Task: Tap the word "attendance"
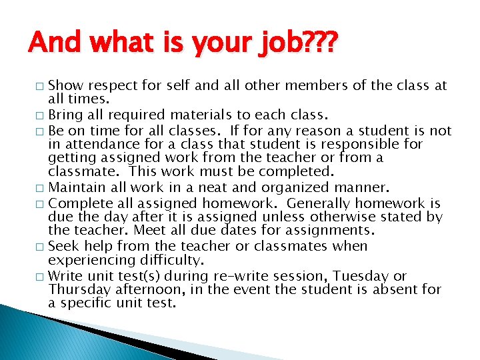[98, 144]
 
